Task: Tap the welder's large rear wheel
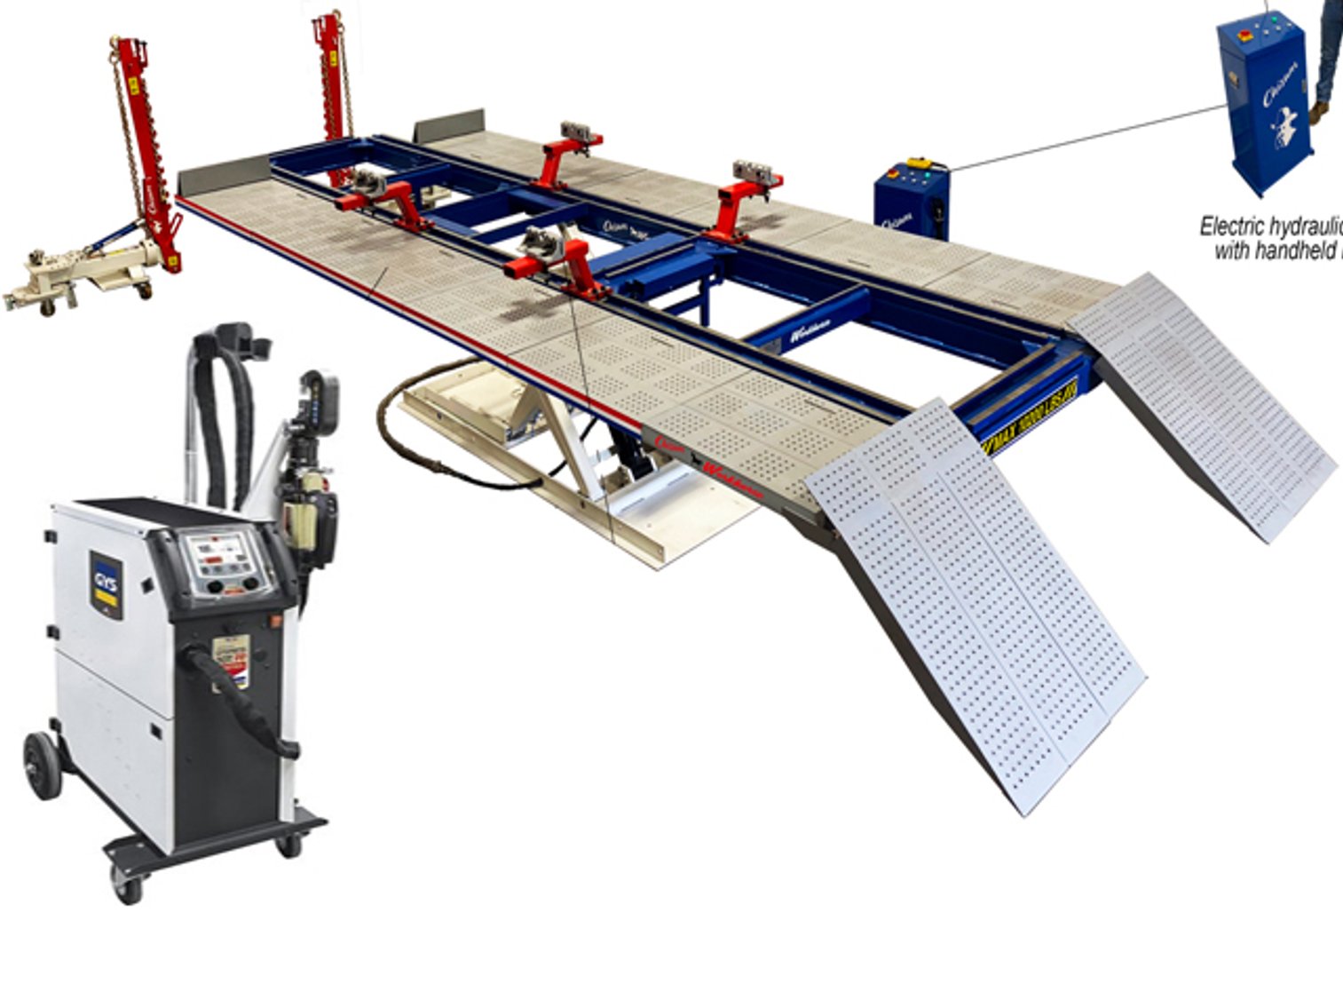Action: pos(42,765)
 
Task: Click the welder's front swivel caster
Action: pos(127,884)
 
